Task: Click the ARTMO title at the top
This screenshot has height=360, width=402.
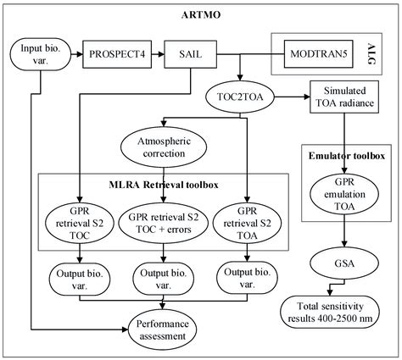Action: [200, 14]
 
